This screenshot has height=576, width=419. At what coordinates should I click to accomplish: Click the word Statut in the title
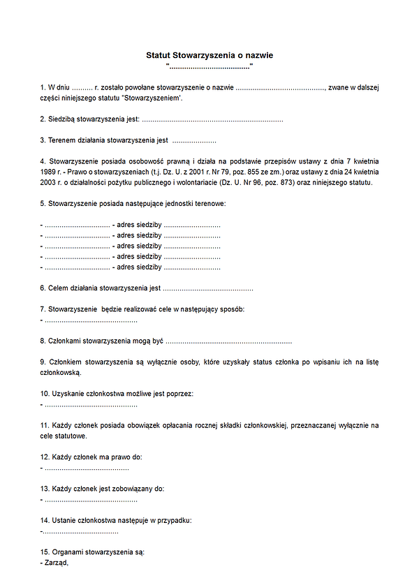pyautogui.click(x=157, y=54)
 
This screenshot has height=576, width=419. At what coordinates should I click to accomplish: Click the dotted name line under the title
pyautogui.click(x=209, y=66)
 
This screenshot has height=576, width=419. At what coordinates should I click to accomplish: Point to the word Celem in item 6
pyautogui.click(x=58, y=288)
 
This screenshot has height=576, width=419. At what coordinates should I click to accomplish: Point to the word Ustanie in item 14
pyautogui.click(x=63, y=520)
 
